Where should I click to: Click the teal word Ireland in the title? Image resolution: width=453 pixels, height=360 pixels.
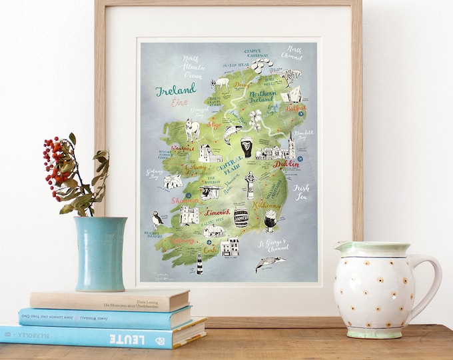pyautogui.click(x=176, y=89)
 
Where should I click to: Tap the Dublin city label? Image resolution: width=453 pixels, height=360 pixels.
pyautogui.click(x=285, y=163)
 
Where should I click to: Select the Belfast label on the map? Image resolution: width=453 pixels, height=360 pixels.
pyautogui.click(x=296, y=107)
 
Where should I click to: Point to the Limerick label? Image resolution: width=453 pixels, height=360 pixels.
pyautogui.click(x=217, y=212)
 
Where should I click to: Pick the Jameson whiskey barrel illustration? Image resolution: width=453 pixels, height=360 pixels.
pyautogui.click(x=241, y=217)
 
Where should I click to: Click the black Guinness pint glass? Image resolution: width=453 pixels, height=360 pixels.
pyautogui.click(x=247, y=147)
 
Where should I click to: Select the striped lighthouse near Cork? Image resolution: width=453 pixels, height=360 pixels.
pyautogui.click(x=199, y=265)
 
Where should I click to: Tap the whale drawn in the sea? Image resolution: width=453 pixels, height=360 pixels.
pyautogui.click(x=270, y=263)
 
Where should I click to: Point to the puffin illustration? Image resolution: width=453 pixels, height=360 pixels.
pyautogui.click(x=157, y=219)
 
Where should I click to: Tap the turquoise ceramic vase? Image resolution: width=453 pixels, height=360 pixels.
pyautogui.click(x=100, y=253)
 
